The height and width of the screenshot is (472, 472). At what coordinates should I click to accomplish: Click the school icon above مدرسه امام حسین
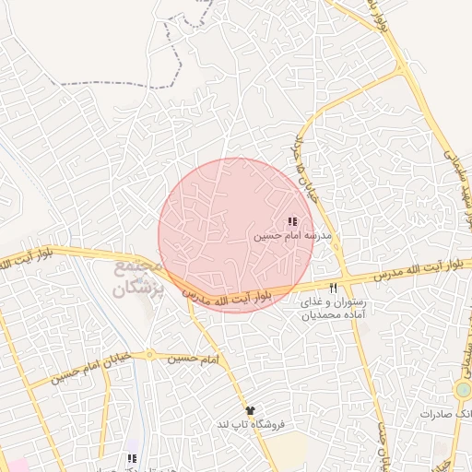click(x=292, y=222)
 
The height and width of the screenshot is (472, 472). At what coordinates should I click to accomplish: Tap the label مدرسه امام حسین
click(x=286, y=236)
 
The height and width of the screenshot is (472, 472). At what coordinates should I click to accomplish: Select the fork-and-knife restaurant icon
click(x=334, y=288)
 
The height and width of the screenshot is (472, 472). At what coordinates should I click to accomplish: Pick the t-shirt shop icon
click(x=249, y=409)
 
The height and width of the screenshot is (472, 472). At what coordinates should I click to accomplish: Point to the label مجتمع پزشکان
click(x=138, y=279)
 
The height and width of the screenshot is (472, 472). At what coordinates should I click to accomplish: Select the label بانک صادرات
click(x=444, y=414)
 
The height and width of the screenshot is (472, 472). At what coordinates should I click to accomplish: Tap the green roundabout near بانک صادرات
click(x=462, y=390)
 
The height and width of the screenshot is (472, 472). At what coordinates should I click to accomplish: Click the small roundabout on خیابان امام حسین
click(x=147, y=355)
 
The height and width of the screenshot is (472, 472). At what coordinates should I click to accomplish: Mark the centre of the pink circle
click(x=236, y=234)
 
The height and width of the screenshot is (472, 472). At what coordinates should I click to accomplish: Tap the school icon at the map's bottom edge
click(x=132, y=458)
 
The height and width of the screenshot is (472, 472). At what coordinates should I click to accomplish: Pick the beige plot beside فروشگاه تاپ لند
click(x=287, y=448)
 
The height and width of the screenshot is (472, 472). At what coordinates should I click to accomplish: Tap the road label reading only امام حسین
click(x=194, y=357)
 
